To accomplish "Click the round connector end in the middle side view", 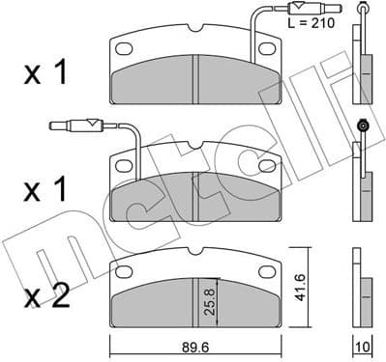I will [x=364, y=125].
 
